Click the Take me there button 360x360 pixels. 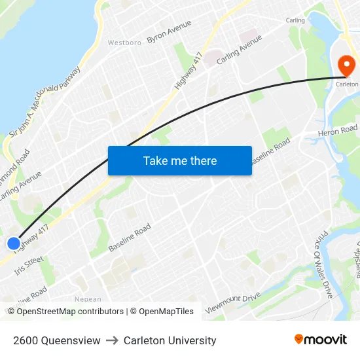pos(179,160)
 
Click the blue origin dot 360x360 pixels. pos(14,243)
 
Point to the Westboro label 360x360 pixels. pos(124,43)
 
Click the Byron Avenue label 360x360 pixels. pos(169,31)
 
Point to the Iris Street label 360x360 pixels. pos(29,264)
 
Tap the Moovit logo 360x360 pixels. pos(320,340)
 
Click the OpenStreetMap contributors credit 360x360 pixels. pos(70,312)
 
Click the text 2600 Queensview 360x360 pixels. pos(56,340)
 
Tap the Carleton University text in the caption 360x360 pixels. pos(170,340)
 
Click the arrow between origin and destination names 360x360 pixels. pos(112,340)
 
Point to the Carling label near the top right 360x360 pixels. pos(295,20)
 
